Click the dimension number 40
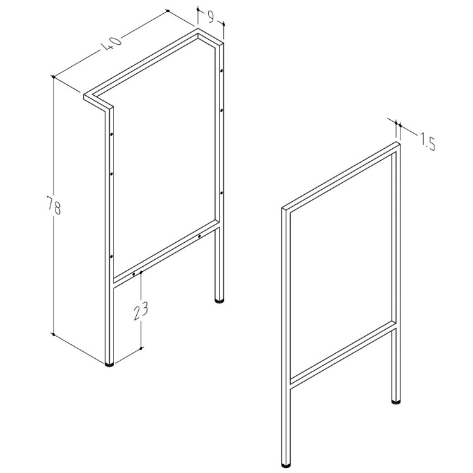coord(111,44)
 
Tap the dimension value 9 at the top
coord(211,17)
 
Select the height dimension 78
coord(54,205)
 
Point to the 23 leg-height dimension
coord(141,311)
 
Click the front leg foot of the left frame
coord(110,364)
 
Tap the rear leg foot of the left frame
coord(219,300)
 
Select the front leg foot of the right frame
coord(286,465)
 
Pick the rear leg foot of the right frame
coord(396,401)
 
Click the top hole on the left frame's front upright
coord(111,134)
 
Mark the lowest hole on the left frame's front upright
coord(111,257)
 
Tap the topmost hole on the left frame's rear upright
coord(221,71)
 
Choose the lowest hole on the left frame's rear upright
coord(221,192)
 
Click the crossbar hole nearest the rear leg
coord(199,237)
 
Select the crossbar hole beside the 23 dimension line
coord(134,274)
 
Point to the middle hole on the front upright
coord(111,174)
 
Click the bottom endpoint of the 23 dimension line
coord(141,348)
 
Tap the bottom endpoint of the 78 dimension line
coord(54,334)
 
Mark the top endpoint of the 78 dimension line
coord(54,76)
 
